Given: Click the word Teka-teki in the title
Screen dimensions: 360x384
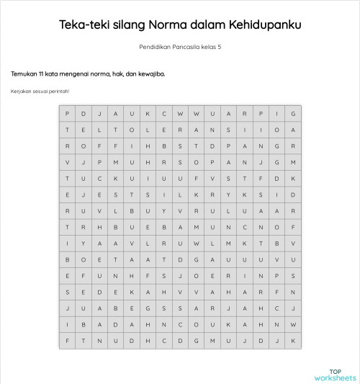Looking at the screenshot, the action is pyautogui.click(x=84, y=25).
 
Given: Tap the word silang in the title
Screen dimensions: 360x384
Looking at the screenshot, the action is pyautogui.click(x=130, y=25).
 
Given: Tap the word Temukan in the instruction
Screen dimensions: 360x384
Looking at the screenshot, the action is pyautogui.click(x=25, y=73).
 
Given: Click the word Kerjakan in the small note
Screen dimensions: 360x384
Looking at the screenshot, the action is pyautogui.click(x=22, y=91).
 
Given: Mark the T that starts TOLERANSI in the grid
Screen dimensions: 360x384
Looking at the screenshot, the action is pyautogui.click(x=116, y=130).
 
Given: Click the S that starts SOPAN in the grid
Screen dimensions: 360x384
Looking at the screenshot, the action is pyautogui.click(x=180, y=162).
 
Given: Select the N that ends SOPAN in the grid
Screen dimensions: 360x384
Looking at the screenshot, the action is pyautogui.click(x=245, y=162).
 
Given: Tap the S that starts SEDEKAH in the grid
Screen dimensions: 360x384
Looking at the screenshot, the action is pyautogui.click(x=67, y=292).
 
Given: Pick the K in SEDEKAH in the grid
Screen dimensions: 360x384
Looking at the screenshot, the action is pyautogui.click(x=131, y=292).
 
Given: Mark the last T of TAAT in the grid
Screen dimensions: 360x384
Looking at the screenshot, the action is pyautogui.click(x=164, y=259).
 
